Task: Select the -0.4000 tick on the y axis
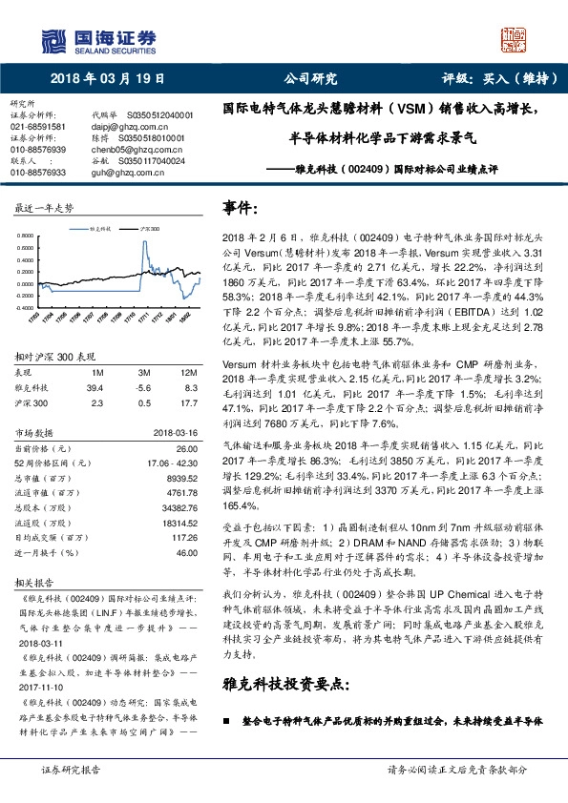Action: [x=30, y=309]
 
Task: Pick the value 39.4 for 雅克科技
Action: [x=95, y=387]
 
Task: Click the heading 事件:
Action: [x=242, y=207]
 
